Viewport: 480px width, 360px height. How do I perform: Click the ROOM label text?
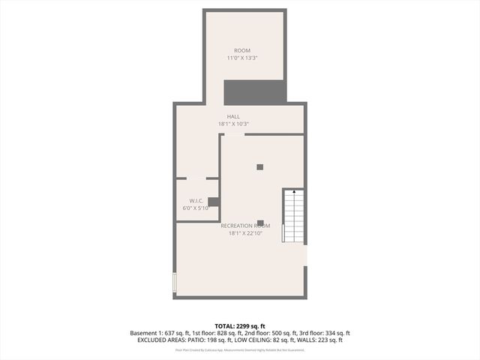(242, 51)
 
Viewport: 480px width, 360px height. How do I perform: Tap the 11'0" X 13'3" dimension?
(242, 58)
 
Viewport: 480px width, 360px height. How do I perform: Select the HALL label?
(233, 116)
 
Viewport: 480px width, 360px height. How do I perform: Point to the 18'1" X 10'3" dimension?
(233, 124)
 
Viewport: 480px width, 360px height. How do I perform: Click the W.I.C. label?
(196, 200)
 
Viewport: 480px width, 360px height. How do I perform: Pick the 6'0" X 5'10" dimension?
(196, 208)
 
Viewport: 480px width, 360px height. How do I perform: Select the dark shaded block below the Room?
(254, 91)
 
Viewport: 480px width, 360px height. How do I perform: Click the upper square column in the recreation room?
(260, 166)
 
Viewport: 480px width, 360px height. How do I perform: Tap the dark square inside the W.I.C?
(213, 201)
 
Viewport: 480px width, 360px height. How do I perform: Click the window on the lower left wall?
(174, 283)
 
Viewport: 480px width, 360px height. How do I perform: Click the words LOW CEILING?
(256, 340)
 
